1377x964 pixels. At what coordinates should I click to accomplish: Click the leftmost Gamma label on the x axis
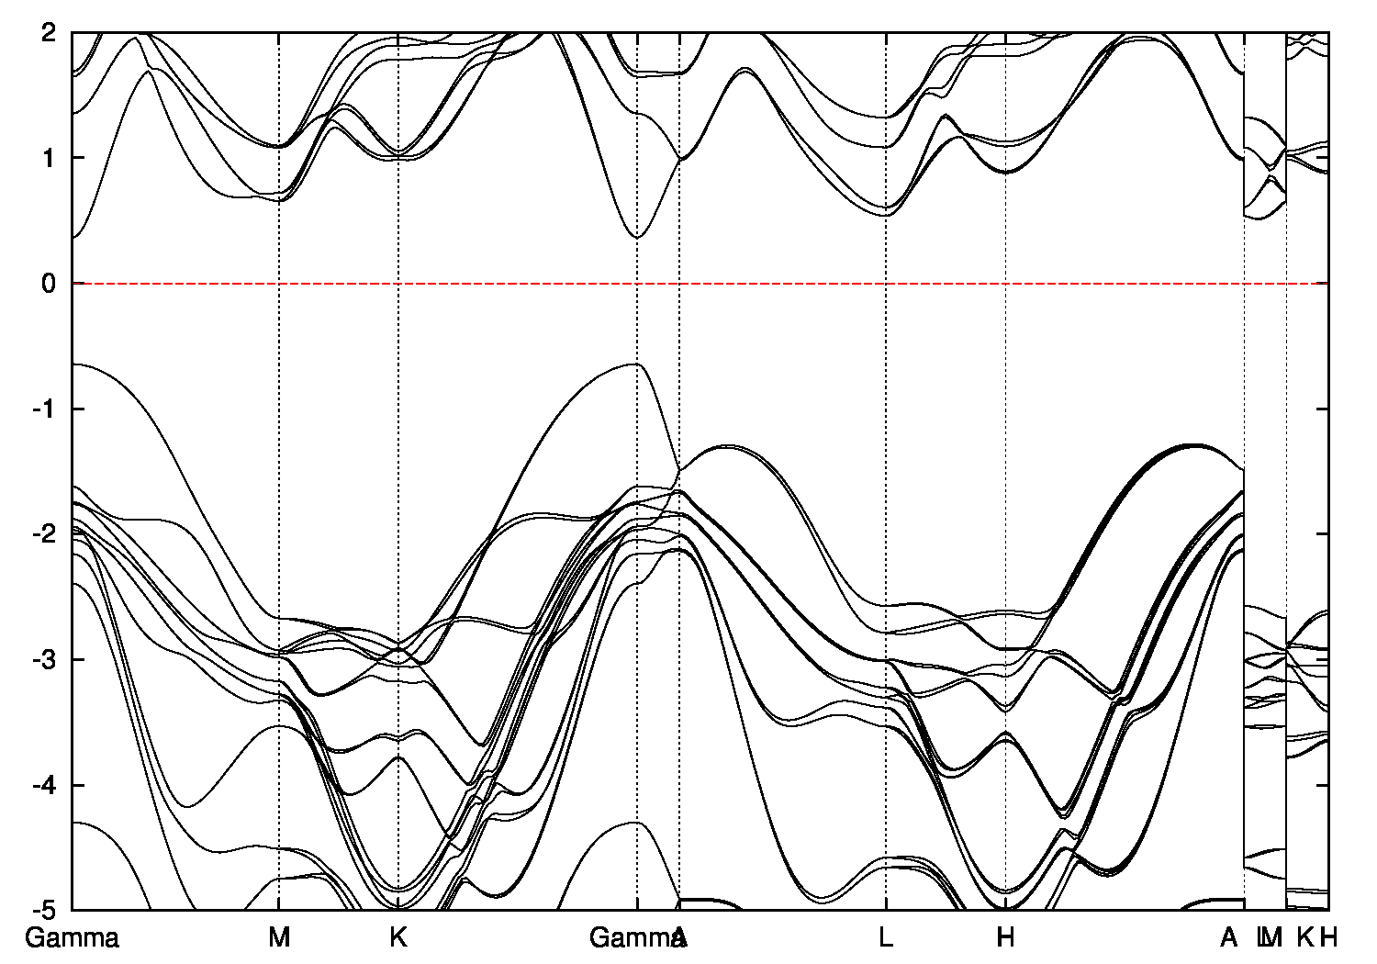72,938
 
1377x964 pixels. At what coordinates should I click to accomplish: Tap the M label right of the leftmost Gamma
279,938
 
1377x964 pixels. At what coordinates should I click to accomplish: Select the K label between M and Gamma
397,938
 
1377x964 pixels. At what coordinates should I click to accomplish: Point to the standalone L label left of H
886,938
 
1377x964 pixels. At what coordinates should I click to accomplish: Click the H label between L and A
1006,938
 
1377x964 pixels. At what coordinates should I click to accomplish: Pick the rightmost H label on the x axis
1328,938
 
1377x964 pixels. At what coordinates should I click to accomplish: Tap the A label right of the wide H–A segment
1228,938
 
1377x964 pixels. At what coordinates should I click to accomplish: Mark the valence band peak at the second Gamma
637,364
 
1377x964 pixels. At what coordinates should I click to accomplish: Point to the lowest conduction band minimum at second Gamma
637,238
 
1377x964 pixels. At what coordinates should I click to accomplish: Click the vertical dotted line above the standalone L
886,367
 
